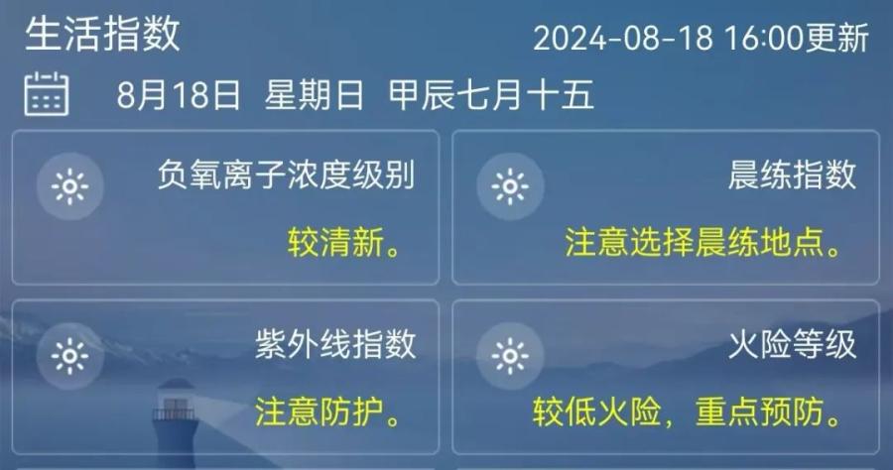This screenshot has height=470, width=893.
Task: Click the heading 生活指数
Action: tap(102, 34)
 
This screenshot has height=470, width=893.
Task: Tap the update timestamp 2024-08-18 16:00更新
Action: tap(702, 39)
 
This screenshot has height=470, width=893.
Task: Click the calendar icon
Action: tap(47, 94)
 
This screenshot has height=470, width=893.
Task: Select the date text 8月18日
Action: tap(179, 94)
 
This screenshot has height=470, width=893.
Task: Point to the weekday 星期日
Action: tap(314, 94)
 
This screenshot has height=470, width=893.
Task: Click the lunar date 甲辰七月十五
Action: tap(491, 94)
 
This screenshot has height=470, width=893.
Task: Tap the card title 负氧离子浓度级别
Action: tap(286, 175)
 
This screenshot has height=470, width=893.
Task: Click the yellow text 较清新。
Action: tap(345, 242)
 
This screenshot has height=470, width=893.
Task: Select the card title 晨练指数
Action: tap(792, 175)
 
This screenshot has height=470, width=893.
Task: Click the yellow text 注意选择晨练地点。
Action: tap(703, 242)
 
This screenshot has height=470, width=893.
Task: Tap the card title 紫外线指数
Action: tap(335, 344)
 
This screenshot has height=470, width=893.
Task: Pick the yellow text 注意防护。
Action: tap(328, 411)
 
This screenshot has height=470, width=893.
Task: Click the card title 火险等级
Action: tap(792, 344)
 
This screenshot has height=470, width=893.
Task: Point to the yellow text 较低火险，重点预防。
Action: tap(688, 411)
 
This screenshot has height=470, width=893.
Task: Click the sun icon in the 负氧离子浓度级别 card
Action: tap(70, 186)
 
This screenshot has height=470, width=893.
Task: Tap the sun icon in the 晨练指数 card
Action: tap(510, 186)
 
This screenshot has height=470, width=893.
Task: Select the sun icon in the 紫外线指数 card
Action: tap(70, 356)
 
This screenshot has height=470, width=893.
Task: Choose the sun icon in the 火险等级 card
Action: tap(510, 356)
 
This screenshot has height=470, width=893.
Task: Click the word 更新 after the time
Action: tap(837, 39)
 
